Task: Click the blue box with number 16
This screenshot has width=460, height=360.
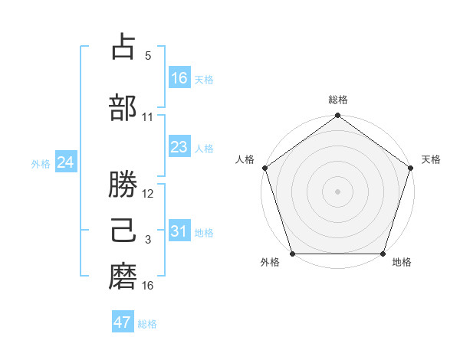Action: [x=179, y=78]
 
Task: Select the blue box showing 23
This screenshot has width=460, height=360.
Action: [x=179, y=147]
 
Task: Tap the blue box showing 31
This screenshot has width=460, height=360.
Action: [x=179, y=231]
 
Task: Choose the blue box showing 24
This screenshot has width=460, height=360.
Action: [x=66, y=162]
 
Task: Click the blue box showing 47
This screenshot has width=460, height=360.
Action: [x=123, y=322]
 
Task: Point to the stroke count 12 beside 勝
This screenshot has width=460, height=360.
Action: [x=149, y=194]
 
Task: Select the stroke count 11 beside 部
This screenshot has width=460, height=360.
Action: [x=148, y=116]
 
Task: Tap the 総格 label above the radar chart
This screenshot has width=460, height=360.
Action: [x=338, y=100]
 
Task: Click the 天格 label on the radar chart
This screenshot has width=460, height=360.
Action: [x=431, y=159]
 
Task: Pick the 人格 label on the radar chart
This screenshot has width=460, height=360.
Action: [x=245, y=159]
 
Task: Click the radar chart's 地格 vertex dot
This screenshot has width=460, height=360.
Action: [x=383, y=254]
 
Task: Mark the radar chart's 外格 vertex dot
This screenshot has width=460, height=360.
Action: [x=292, y=254]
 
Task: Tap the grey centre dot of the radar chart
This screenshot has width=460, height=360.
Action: [x=338, y=191]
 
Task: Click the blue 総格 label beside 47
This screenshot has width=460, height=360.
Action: [x=147, y=324]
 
